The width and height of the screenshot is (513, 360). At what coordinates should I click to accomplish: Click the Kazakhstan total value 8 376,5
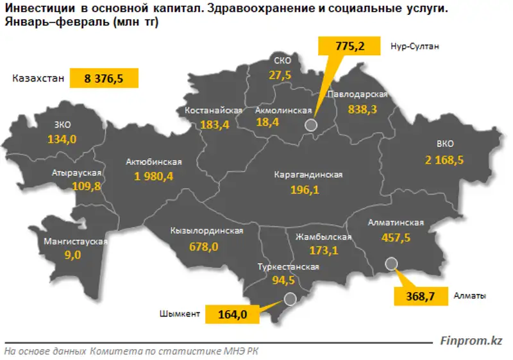(103, 79)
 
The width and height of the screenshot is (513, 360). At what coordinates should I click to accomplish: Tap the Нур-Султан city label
(414, 46)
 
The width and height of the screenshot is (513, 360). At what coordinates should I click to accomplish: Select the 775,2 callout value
(350, 46)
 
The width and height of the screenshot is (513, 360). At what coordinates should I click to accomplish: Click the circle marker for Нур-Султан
(311, 125)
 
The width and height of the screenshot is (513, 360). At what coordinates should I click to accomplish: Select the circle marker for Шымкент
(290, 298)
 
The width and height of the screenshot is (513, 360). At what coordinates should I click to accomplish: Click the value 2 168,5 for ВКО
(443, 159)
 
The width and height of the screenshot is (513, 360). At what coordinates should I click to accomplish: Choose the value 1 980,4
(154, 176)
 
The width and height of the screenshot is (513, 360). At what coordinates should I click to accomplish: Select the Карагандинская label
(308, 175)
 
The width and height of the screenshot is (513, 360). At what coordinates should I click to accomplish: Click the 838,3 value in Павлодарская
(362, 109)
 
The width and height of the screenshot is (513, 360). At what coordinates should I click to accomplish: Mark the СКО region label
(282, 61)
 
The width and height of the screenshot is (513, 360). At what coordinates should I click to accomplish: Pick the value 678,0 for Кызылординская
(205, 246)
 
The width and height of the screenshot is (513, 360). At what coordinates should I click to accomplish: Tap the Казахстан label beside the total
(38, 79)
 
